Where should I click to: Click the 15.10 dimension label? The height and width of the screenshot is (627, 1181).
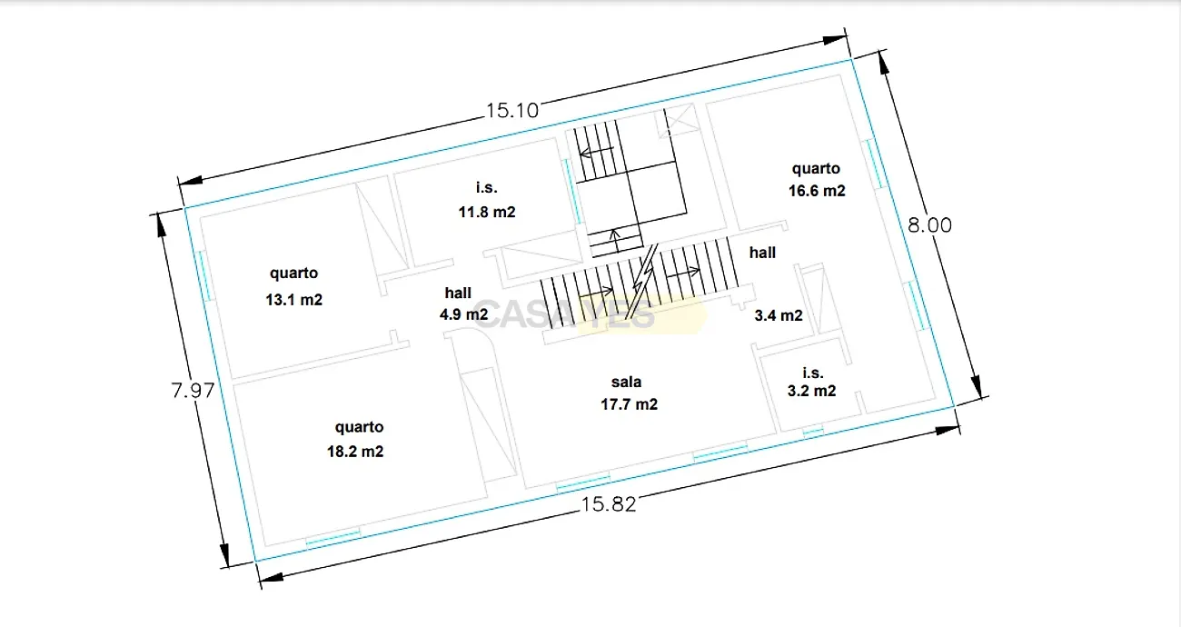512,110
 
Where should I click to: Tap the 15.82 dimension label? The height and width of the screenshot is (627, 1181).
609,504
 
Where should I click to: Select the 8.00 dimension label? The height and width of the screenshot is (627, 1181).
929,225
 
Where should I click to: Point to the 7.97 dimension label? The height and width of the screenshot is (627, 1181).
193,390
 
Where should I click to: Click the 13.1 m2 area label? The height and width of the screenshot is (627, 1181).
293,300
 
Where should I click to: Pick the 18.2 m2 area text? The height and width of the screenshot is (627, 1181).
355,452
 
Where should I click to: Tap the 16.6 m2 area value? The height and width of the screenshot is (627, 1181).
817,190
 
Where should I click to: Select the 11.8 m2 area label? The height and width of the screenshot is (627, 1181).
487,212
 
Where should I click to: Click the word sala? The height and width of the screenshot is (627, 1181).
626,382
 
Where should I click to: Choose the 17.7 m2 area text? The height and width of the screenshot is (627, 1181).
629,404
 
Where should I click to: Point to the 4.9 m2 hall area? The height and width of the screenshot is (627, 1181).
463,314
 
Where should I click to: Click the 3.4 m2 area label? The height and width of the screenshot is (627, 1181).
779,315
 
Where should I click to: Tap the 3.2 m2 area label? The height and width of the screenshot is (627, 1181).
811,391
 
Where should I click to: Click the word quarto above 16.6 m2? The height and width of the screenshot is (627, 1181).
816,169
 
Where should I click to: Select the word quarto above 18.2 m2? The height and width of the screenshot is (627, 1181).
359,427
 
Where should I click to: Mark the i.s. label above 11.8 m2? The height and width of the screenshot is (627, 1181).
486,187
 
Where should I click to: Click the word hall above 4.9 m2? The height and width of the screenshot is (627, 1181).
458,293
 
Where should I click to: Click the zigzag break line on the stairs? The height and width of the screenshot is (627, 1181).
642,282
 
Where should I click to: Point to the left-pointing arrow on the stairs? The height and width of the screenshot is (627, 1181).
597,153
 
